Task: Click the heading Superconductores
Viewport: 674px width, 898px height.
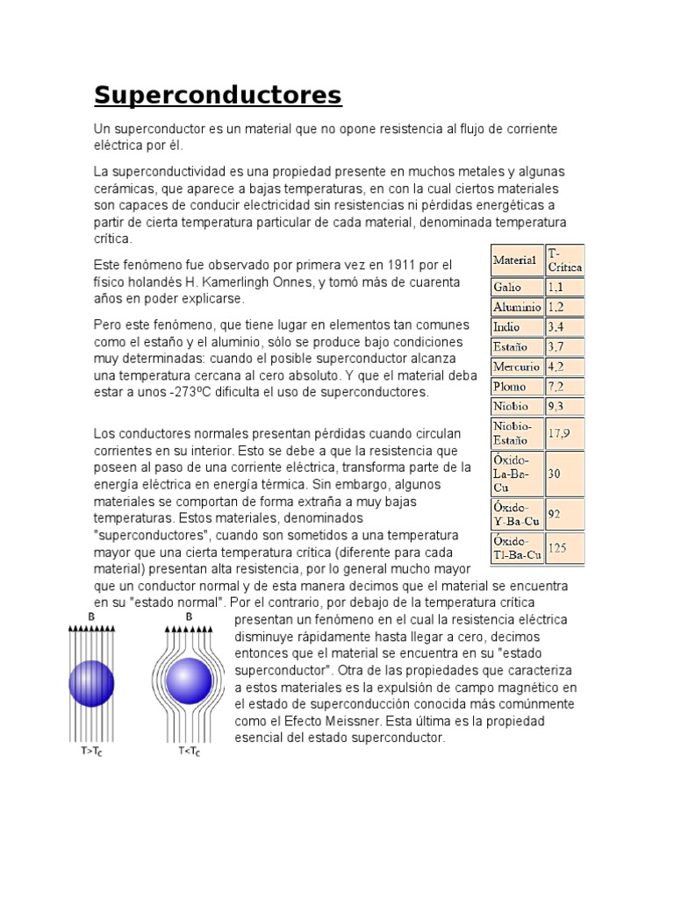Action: [218, 95]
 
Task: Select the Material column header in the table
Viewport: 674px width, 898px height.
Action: [515, 260]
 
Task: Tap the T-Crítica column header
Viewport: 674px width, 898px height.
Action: [563, 260]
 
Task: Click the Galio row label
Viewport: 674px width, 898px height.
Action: [508, 288]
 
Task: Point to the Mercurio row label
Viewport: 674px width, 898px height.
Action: [517, 367]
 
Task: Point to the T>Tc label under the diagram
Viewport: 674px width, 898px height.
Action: [89, 752]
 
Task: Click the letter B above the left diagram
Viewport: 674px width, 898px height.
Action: [91, 617]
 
